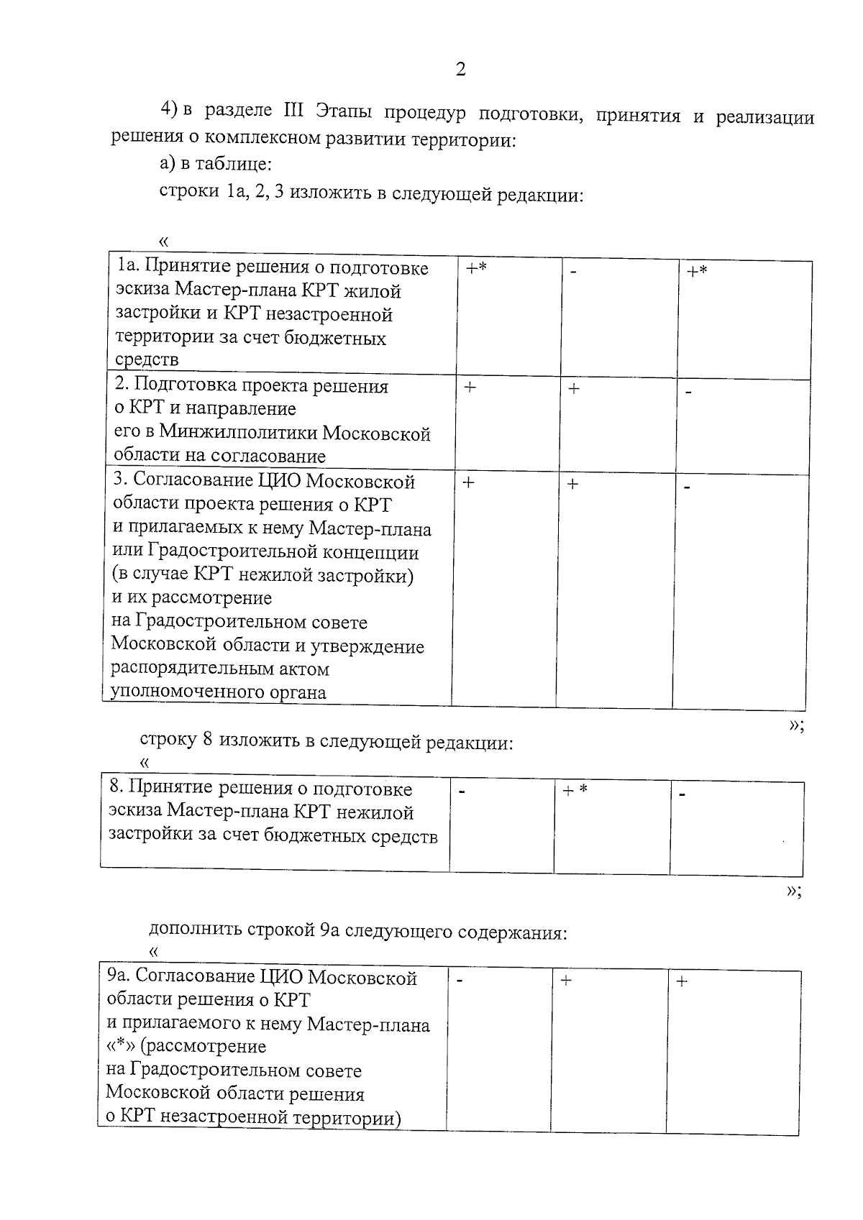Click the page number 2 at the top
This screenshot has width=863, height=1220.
pyautogui.click(x=460, y=69)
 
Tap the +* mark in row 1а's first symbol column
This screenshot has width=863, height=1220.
pyautogui.click(x=476, y=269)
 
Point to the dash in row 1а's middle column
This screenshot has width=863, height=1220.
pyautogui.click(x=573, y=272)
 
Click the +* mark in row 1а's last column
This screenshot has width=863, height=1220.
pyautogui.click(x=697, y=272)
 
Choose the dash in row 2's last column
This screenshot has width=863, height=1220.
pyautogui.click(x=689, y=393)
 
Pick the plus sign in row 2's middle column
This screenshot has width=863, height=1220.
pyautogui.click(x=574, y=389)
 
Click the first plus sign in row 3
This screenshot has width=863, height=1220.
pyautogui.click(x=468, y=482)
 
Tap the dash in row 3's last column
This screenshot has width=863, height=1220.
pyautogui.click(x=688, y=487)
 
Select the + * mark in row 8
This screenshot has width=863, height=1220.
pyautogui.click(x=575, y=790)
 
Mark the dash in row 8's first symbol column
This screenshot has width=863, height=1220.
pyautogui.click(x=462, y=793)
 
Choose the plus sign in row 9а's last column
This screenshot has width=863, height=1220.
pyautogui.click(x=682, y=981)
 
